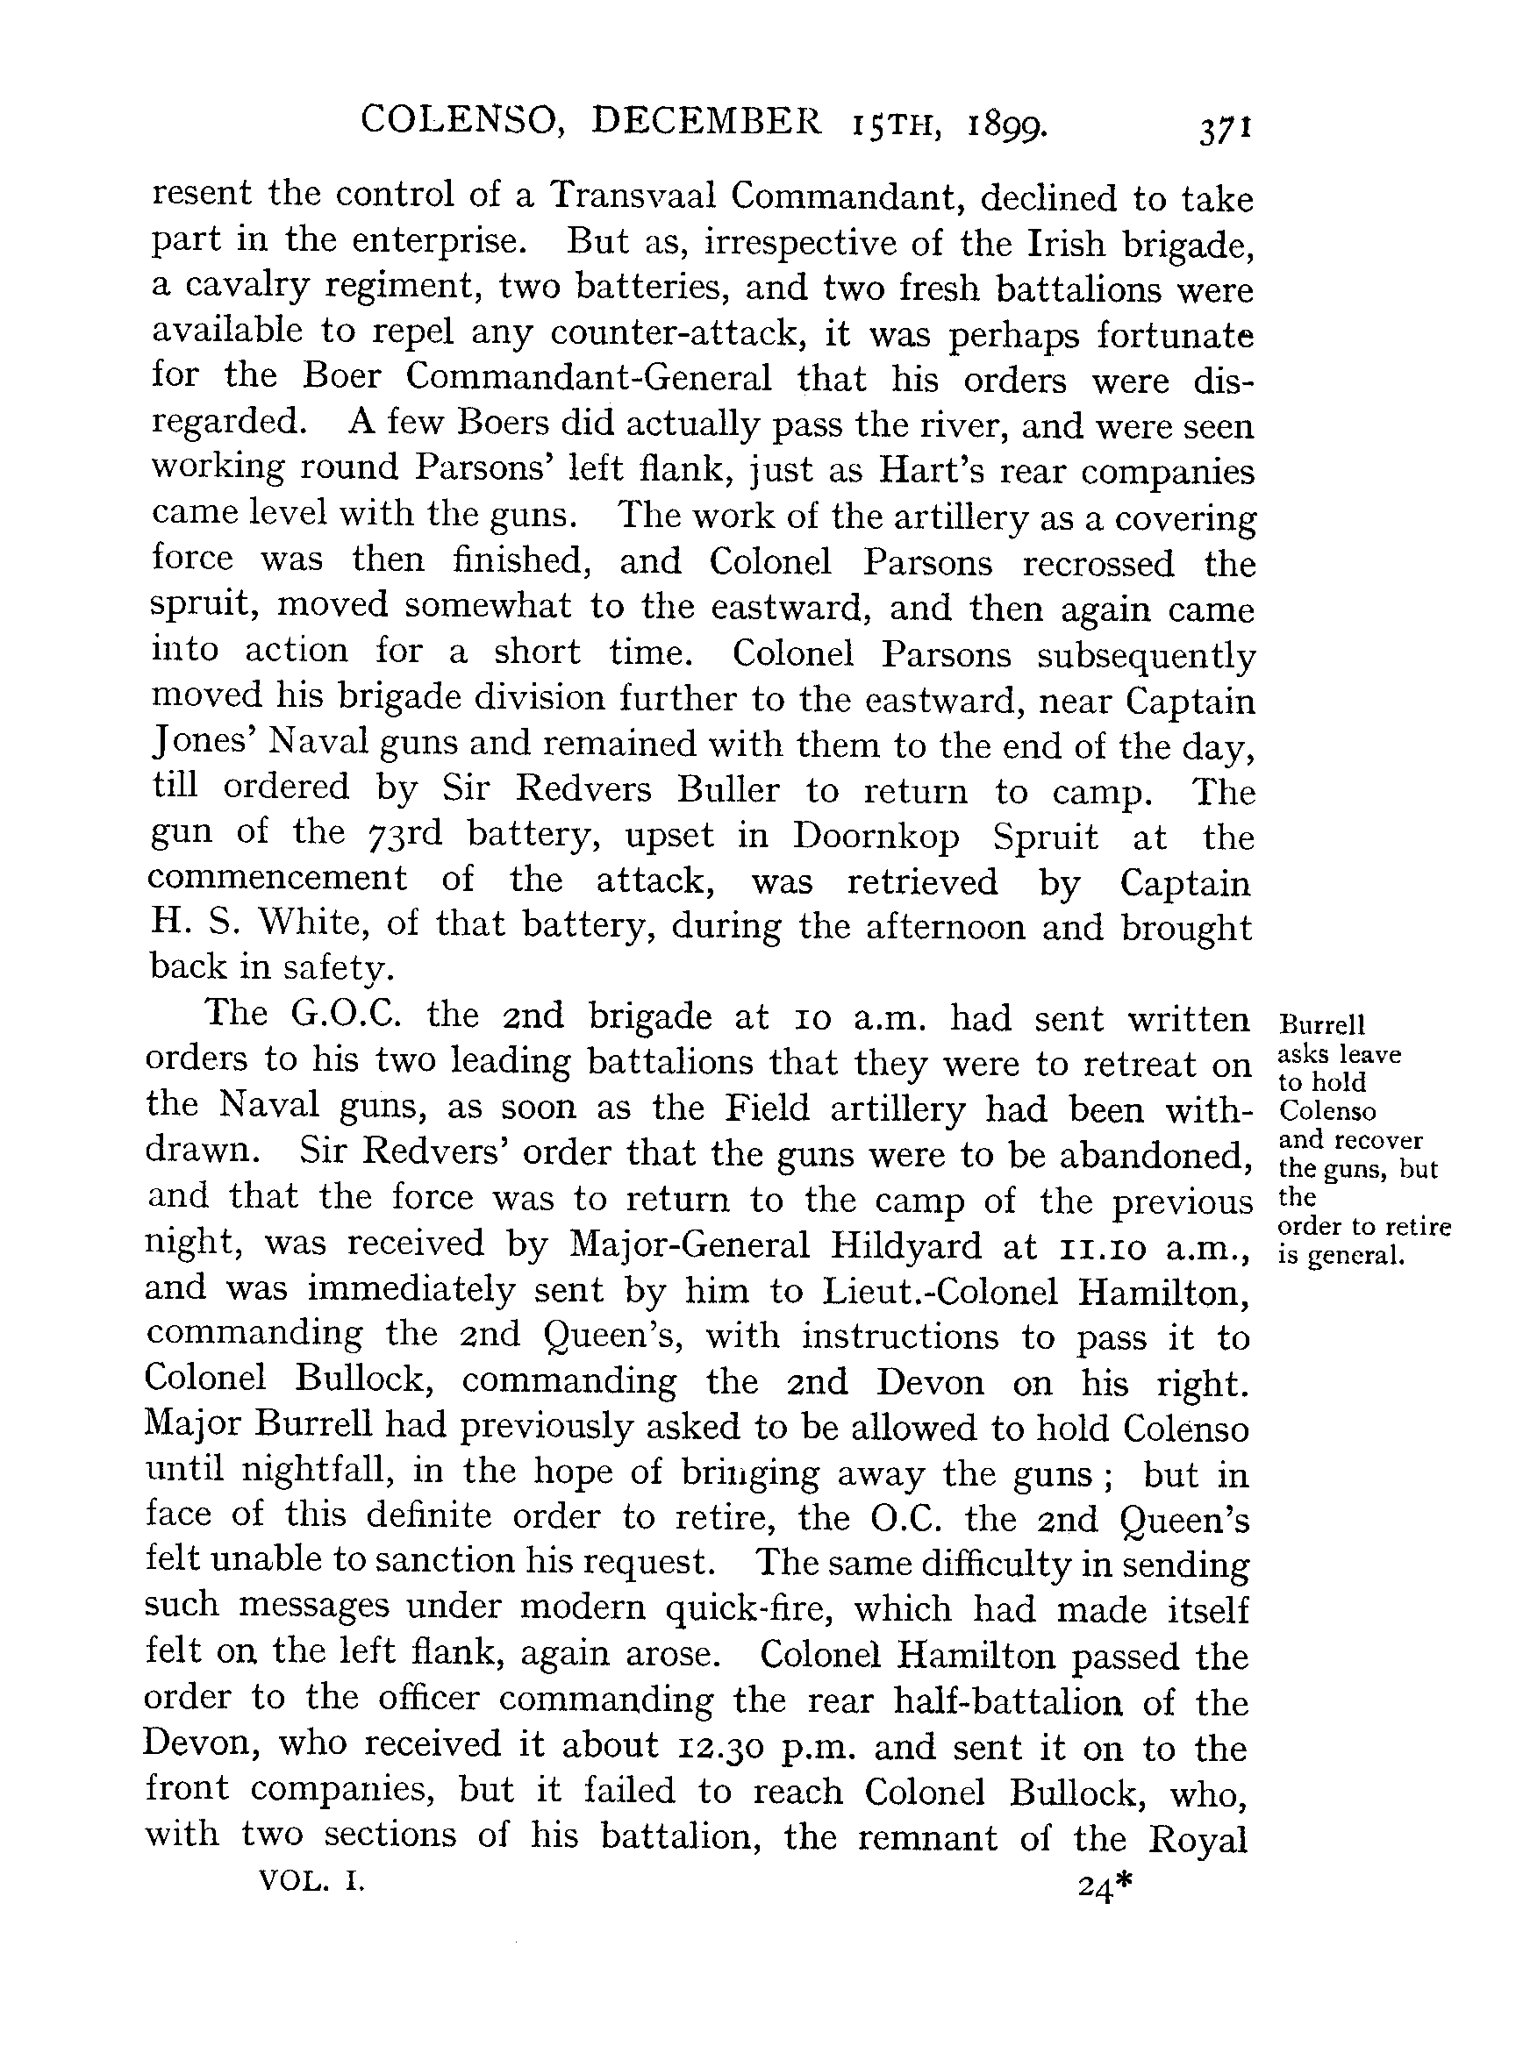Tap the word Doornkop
coord(876,837)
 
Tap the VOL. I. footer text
coord(312,1883)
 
